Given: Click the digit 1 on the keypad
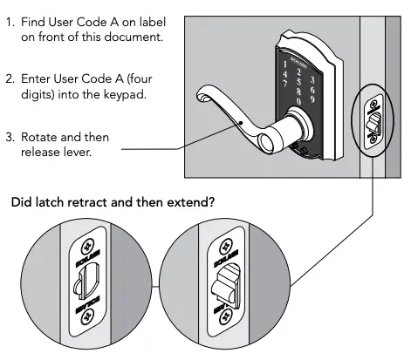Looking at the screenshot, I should pyautogui.click(x=285, y=65).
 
